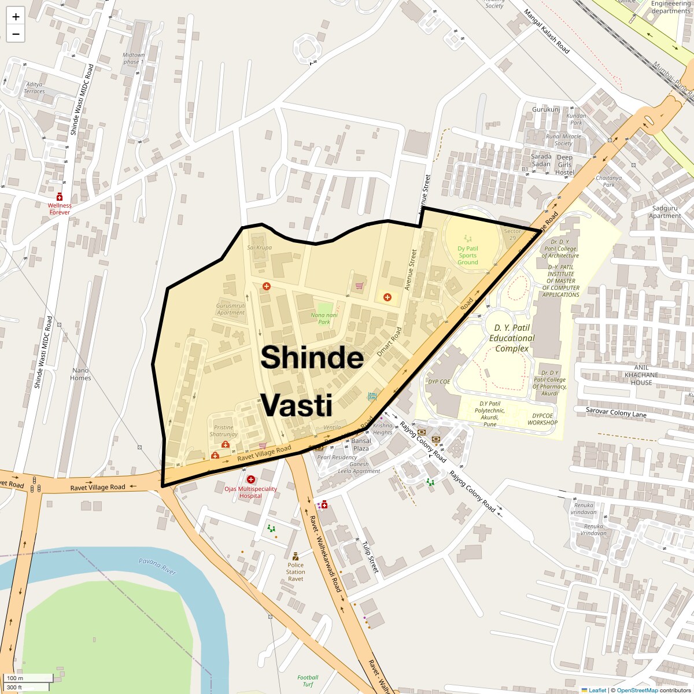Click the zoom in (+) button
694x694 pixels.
[x=16, y=17]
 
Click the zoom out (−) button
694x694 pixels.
[x=16, y=34]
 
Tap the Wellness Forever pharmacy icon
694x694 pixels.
[x=59, y=197]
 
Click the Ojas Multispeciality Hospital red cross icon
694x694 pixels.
[x=251, y=479]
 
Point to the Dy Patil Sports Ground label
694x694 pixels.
[x=468, y=256]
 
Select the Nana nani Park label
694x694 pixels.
[x=324, y=319]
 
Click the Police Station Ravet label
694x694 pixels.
[x=296, y=571]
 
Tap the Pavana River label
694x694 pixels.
[x=157, y=566]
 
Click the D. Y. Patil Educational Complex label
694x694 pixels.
[x=512, y=338]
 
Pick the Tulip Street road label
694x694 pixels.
[x=370, y=557]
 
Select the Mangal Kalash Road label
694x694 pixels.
[x=547, y=31]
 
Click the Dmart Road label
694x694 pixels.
[x=389, y=342]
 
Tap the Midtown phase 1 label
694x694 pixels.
[x=134, y=58]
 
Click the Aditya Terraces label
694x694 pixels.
[x=34, y=88]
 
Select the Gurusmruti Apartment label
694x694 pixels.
[x=231, y=309]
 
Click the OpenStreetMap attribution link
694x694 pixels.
[x=637, y=690]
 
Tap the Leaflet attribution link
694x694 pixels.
[x=597, y=690]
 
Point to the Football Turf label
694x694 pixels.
[x=308, y=681]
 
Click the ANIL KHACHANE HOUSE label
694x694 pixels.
[x=641, y=375]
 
